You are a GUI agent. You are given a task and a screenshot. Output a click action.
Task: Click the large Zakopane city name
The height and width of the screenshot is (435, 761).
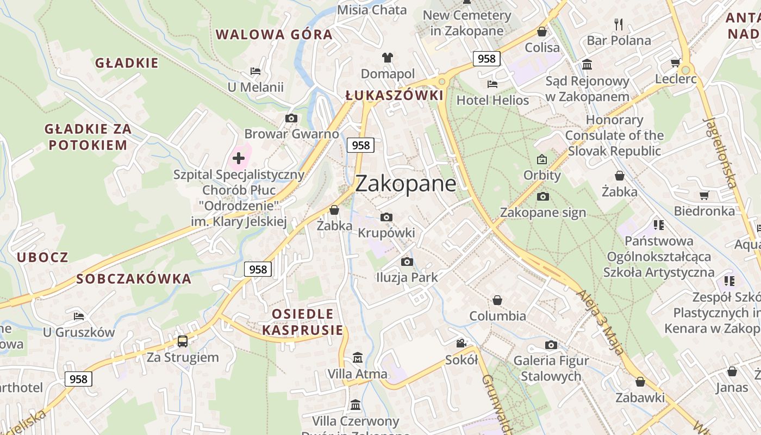pos(406,184)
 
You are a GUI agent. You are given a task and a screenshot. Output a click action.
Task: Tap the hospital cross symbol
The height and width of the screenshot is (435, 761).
pos(239,159)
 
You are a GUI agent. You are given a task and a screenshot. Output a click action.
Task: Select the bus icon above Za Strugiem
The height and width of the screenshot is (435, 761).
pos(183,341)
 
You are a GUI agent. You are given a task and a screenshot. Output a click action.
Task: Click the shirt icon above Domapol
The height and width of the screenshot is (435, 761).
pos(387,57)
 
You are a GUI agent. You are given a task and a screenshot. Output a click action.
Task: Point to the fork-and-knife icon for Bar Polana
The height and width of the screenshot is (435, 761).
pos(618,24)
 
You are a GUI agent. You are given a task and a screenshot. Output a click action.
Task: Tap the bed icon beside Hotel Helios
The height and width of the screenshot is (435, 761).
pos(492,84)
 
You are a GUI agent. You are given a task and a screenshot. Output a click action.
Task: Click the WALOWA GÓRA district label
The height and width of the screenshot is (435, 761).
pos(274,35)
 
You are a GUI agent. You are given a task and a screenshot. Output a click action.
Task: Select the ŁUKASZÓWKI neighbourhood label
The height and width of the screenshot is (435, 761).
pos(394,96)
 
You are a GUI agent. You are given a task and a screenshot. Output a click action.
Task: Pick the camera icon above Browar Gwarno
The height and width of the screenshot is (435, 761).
pos(291,118)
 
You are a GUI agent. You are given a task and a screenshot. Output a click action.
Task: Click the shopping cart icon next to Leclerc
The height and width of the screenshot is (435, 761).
pos(675,63)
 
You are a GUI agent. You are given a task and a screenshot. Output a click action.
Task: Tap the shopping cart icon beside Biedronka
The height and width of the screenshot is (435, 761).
pos(704,195)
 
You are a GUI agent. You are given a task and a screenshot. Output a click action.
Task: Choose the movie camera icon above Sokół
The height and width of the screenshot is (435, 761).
pos(461,343)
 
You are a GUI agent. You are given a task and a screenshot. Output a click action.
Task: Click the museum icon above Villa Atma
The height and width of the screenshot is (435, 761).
pos(358,357)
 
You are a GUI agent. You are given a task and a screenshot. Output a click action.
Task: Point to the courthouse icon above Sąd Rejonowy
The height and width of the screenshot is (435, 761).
pos(587,65)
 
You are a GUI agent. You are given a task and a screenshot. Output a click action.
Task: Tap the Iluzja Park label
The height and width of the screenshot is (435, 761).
pos(407,277)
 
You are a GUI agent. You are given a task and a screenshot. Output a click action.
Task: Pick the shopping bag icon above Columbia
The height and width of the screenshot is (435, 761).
pos(497,300)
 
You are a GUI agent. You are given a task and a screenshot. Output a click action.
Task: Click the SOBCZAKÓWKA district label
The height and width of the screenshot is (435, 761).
pos(134,279)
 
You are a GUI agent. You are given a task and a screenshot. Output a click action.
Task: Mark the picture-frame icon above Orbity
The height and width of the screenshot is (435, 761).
pos(541,159)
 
